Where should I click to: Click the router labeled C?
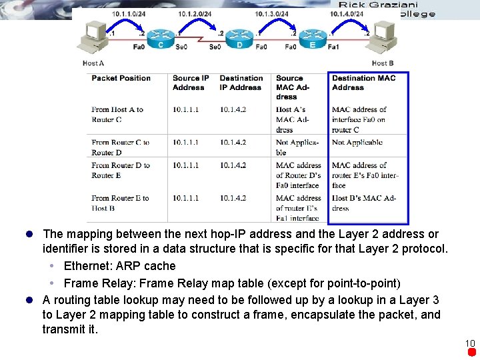pyautogui.click(x=160, y=38)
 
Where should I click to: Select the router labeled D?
pyautogui.click(x=239, y=38)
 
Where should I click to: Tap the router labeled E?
pyautogui.click(x=312, y=38)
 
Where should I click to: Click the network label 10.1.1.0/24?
pyautogui.click(x=129, y=13)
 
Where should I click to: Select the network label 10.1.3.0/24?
pyautogui.click(x=271, y=13)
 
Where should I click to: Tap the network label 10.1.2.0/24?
pyautogui.click(x=194, y=13)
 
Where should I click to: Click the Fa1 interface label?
pyautogui.click(x=333, y=47)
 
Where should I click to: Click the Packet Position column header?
pyautogui.click(x=121, y=78)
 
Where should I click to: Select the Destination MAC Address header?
pyautogui.click(x=363, y=83)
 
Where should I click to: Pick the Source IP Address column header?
pyautogui.click(x=191, y=83)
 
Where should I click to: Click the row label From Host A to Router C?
pyautogui.click(x=117, y=115)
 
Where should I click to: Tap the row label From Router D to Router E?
pyautogui.click(x=121, y=170)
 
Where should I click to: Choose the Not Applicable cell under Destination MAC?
pyautogui.click(x=357, y=142)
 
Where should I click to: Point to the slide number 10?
pyautogui.click(x=470, y=343)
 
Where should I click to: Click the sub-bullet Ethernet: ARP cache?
pyautogui.click(x=119, y=266)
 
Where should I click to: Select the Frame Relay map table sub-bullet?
pyautogui.click(x=231, y=283)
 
